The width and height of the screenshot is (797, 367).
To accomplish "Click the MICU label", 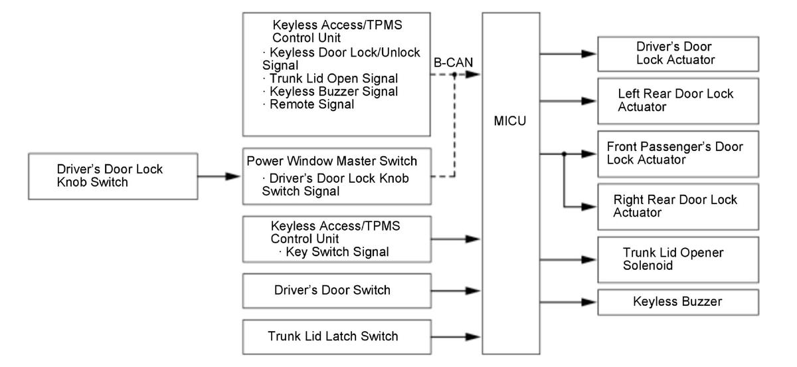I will click(x=512, y=123).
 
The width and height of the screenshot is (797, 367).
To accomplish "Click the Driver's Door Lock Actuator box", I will click(x=678, y=55).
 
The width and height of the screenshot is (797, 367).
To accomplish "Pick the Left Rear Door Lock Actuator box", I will click(x=678, y=100).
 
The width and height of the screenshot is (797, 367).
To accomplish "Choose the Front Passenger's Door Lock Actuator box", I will click(x=678, y=154).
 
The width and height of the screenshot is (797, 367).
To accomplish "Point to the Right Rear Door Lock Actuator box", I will click(x=678, y=206).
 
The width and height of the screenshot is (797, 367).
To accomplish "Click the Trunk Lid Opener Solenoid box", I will click(x=678, y=259).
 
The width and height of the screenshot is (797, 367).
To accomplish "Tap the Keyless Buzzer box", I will click(x=678, y=302).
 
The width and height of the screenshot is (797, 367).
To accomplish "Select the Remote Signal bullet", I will click(x=308, y=104).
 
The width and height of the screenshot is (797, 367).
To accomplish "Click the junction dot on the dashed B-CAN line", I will click(x=455, y=74).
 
